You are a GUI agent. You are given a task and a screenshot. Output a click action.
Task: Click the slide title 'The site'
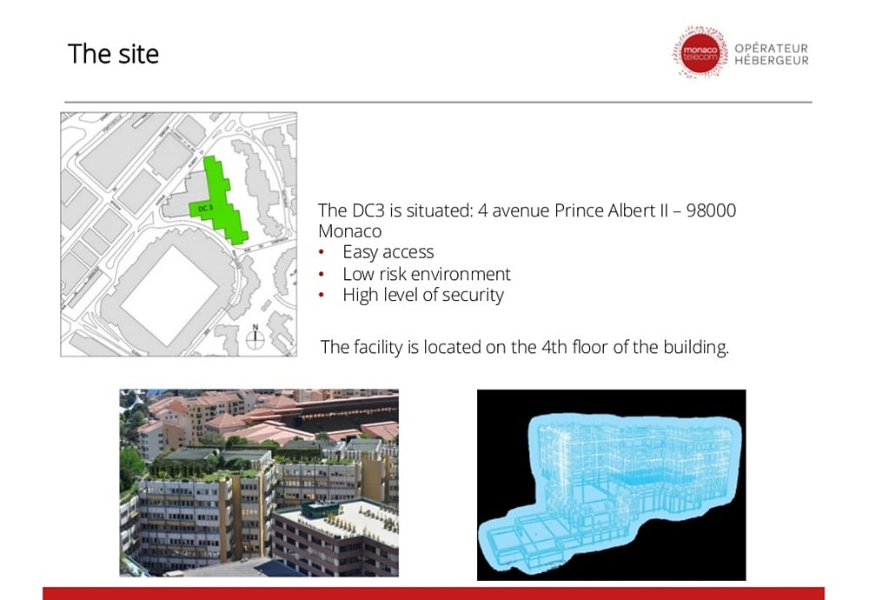(x=113, y=54)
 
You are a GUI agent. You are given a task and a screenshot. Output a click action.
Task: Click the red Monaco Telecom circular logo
(x=699, y=54)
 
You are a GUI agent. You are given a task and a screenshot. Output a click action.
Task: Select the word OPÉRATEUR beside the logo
(x=772, y=49)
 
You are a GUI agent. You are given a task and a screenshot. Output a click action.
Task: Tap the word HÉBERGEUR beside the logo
(x=772, y=61)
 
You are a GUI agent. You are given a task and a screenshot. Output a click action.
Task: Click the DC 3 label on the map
(x=205, y=209)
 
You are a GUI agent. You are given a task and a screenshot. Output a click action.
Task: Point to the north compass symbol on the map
(x=255, y=337)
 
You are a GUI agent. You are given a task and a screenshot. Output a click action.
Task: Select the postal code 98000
(x=711, y=210)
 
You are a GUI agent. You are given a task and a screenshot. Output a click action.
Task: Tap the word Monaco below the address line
(x=349, y=231)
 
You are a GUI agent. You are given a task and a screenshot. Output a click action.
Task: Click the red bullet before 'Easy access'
(x=322, y=253)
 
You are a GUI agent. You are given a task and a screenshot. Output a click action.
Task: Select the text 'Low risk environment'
(x=426, y=274)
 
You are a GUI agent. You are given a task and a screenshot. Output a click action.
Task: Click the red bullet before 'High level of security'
(x=322, y=296)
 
